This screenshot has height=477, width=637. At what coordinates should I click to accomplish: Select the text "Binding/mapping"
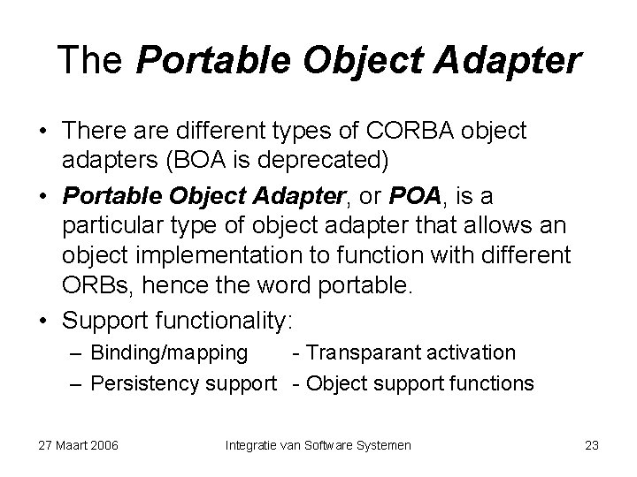[x=170, y=353]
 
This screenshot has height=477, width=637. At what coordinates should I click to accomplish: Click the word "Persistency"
[x=144, y=383]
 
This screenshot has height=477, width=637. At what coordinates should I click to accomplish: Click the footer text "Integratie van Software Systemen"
[x=318, y=445]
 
